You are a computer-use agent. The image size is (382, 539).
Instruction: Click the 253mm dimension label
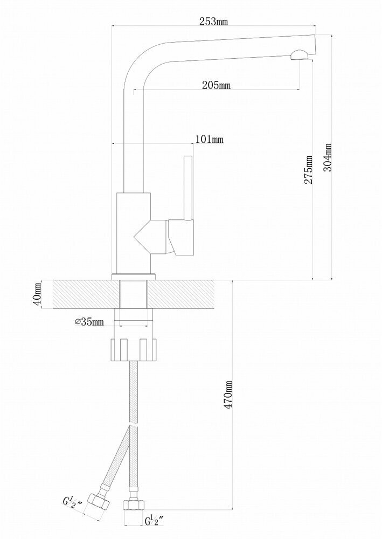pos(213,22)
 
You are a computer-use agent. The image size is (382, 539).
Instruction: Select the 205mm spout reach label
pos(216,85)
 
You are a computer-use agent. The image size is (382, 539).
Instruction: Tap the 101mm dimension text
pos(209,139)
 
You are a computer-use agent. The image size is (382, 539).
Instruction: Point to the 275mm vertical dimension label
pos(309,169)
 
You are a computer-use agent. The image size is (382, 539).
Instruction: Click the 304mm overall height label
pos(328,157)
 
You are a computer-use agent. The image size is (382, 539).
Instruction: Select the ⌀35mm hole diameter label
pos(89,322)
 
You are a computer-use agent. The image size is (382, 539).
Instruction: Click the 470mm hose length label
pos(228,395)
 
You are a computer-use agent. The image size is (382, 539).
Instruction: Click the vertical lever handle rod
pos(188,188)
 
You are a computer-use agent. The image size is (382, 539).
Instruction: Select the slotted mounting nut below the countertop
pos(134,350)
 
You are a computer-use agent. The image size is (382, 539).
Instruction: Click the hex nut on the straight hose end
pos(134,505)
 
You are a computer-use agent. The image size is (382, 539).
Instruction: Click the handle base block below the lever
pos(180,238)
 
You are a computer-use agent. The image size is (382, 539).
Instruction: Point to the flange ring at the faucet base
pos(134,277)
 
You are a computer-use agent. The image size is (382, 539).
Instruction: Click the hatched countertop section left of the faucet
pos(86,294)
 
